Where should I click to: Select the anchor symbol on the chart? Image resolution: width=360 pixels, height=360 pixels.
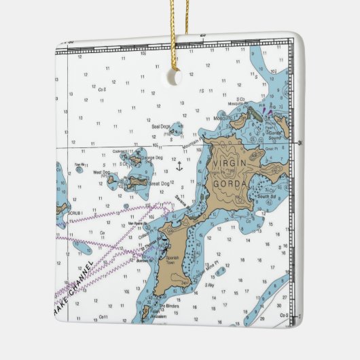coord(179,166)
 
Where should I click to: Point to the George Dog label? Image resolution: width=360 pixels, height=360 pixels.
coord(151,158)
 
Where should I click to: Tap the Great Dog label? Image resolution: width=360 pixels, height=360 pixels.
coord(158,183)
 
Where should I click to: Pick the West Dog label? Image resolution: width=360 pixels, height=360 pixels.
coord(101,173)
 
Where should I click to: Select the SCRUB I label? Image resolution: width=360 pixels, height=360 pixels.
coord(75,213)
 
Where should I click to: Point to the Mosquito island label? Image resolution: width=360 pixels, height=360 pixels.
coord(223,118)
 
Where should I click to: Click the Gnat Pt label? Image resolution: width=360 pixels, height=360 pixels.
coord(270,147)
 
